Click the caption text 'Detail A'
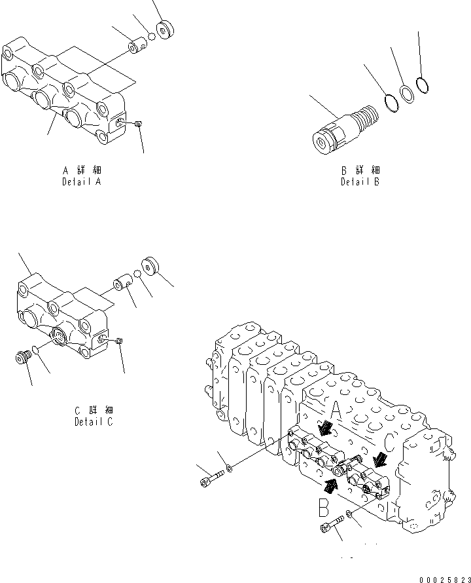81,181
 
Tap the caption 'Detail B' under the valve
360,181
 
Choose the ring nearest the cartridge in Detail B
391,102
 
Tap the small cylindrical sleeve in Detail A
139,47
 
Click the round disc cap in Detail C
150,265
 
